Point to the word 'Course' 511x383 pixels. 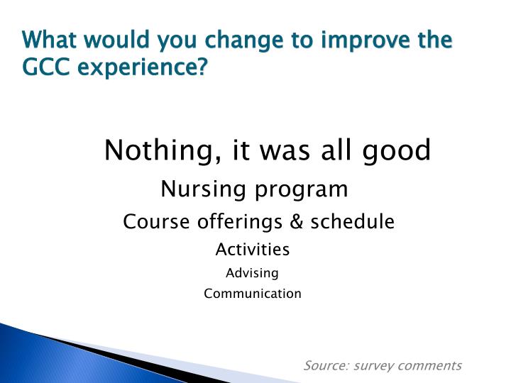point(148,222)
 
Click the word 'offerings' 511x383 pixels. point(231,223)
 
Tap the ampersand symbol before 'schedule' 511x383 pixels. point(297,222)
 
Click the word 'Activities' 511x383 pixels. point(252,250)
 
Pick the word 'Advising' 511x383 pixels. point(252,273)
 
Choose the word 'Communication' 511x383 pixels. point(252,294)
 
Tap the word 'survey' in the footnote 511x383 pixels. point(372,366)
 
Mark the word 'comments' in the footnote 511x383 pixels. point(429,366)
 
